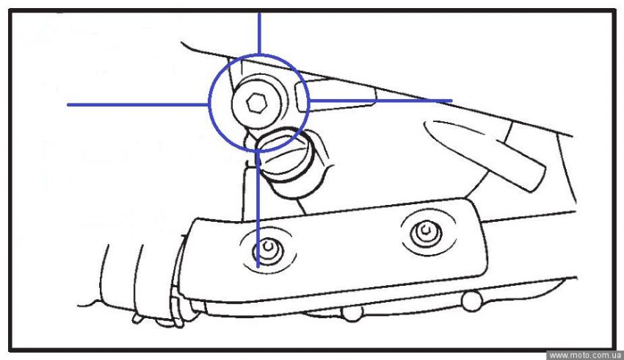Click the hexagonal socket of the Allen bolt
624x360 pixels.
256,104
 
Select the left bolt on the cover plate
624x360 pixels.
268,250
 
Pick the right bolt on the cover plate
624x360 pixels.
427,233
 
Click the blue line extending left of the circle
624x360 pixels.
138,105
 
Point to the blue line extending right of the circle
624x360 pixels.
380,101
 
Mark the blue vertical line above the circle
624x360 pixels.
259,34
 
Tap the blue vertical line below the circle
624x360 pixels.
258,209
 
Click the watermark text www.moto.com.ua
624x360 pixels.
585,355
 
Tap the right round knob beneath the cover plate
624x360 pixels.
472,301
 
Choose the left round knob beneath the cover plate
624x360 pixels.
352,313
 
